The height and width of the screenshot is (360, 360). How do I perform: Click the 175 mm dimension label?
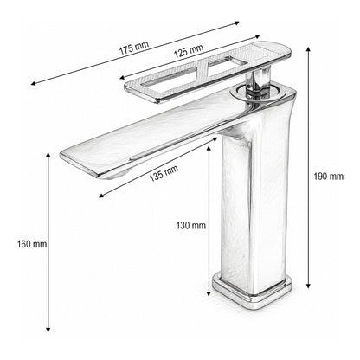tap(134, 48)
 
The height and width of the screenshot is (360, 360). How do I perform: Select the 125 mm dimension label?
tap(189, 51)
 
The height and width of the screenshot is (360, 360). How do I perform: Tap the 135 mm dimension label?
tap(164, 174)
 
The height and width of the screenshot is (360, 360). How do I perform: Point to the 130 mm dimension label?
tap(191, 225)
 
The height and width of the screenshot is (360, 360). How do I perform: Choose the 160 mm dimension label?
tap(32, 244)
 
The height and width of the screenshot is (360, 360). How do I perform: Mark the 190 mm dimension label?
tap(329, 177)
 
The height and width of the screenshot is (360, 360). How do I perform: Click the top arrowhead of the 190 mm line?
tap(308, 49)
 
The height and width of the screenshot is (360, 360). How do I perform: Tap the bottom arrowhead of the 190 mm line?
tap(308, 286)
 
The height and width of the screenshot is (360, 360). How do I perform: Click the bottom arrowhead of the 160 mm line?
tap(48, 329)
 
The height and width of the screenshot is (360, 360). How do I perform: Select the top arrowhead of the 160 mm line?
tap(48, 156)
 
